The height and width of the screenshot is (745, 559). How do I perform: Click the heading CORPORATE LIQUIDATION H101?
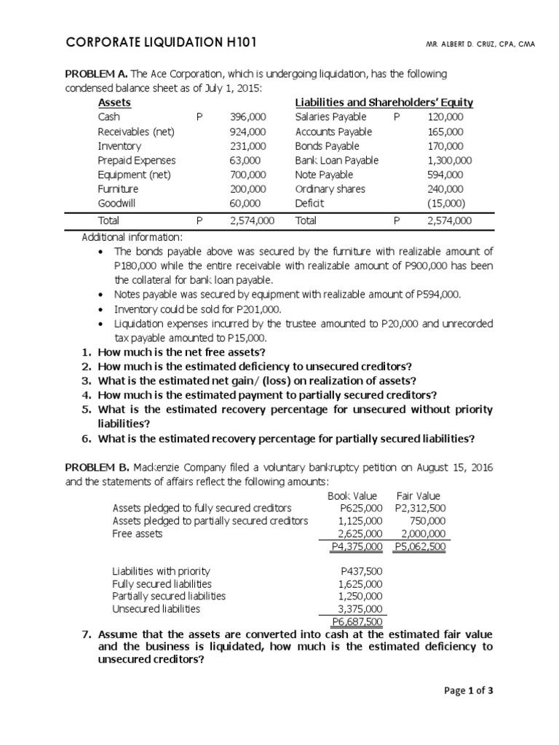tap(161, 44)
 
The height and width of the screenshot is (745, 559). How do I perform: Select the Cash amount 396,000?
tap(248, 117)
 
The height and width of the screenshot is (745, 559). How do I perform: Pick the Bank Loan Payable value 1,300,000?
tap(450, 160)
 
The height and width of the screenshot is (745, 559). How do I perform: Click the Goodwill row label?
tap(116, 204)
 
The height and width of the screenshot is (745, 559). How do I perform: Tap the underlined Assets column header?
tap(114, 103)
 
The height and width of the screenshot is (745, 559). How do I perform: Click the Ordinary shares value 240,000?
tap(450, 189)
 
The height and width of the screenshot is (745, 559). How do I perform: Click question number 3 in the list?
tap(86, 381)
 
